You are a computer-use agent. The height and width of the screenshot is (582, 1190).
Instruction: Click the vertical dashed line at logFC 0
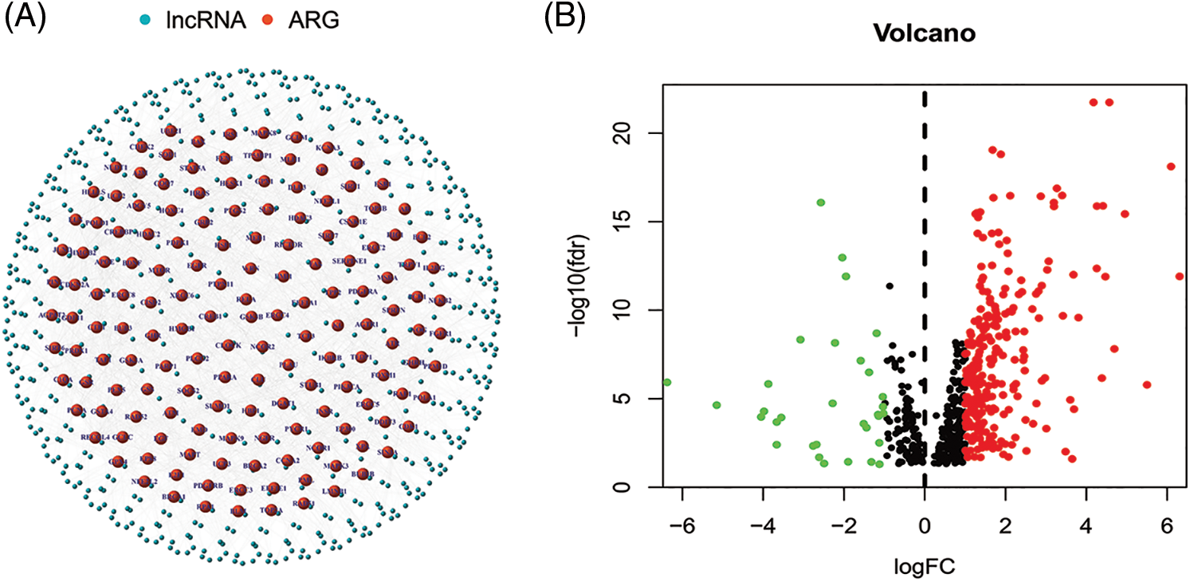point(925,239)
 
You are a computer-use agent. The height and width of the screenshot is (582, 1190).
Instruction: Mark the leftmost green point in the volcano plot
point(667,382)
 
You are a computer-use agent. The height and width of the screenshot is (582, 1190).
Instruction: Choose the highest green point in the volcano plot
point(820,203)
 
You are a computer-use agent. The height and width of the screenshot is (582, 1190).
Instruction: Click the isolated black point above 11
point(890,285)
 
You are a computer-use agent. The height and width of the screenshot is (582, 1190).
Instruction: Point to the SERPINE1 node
point(349,260)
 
